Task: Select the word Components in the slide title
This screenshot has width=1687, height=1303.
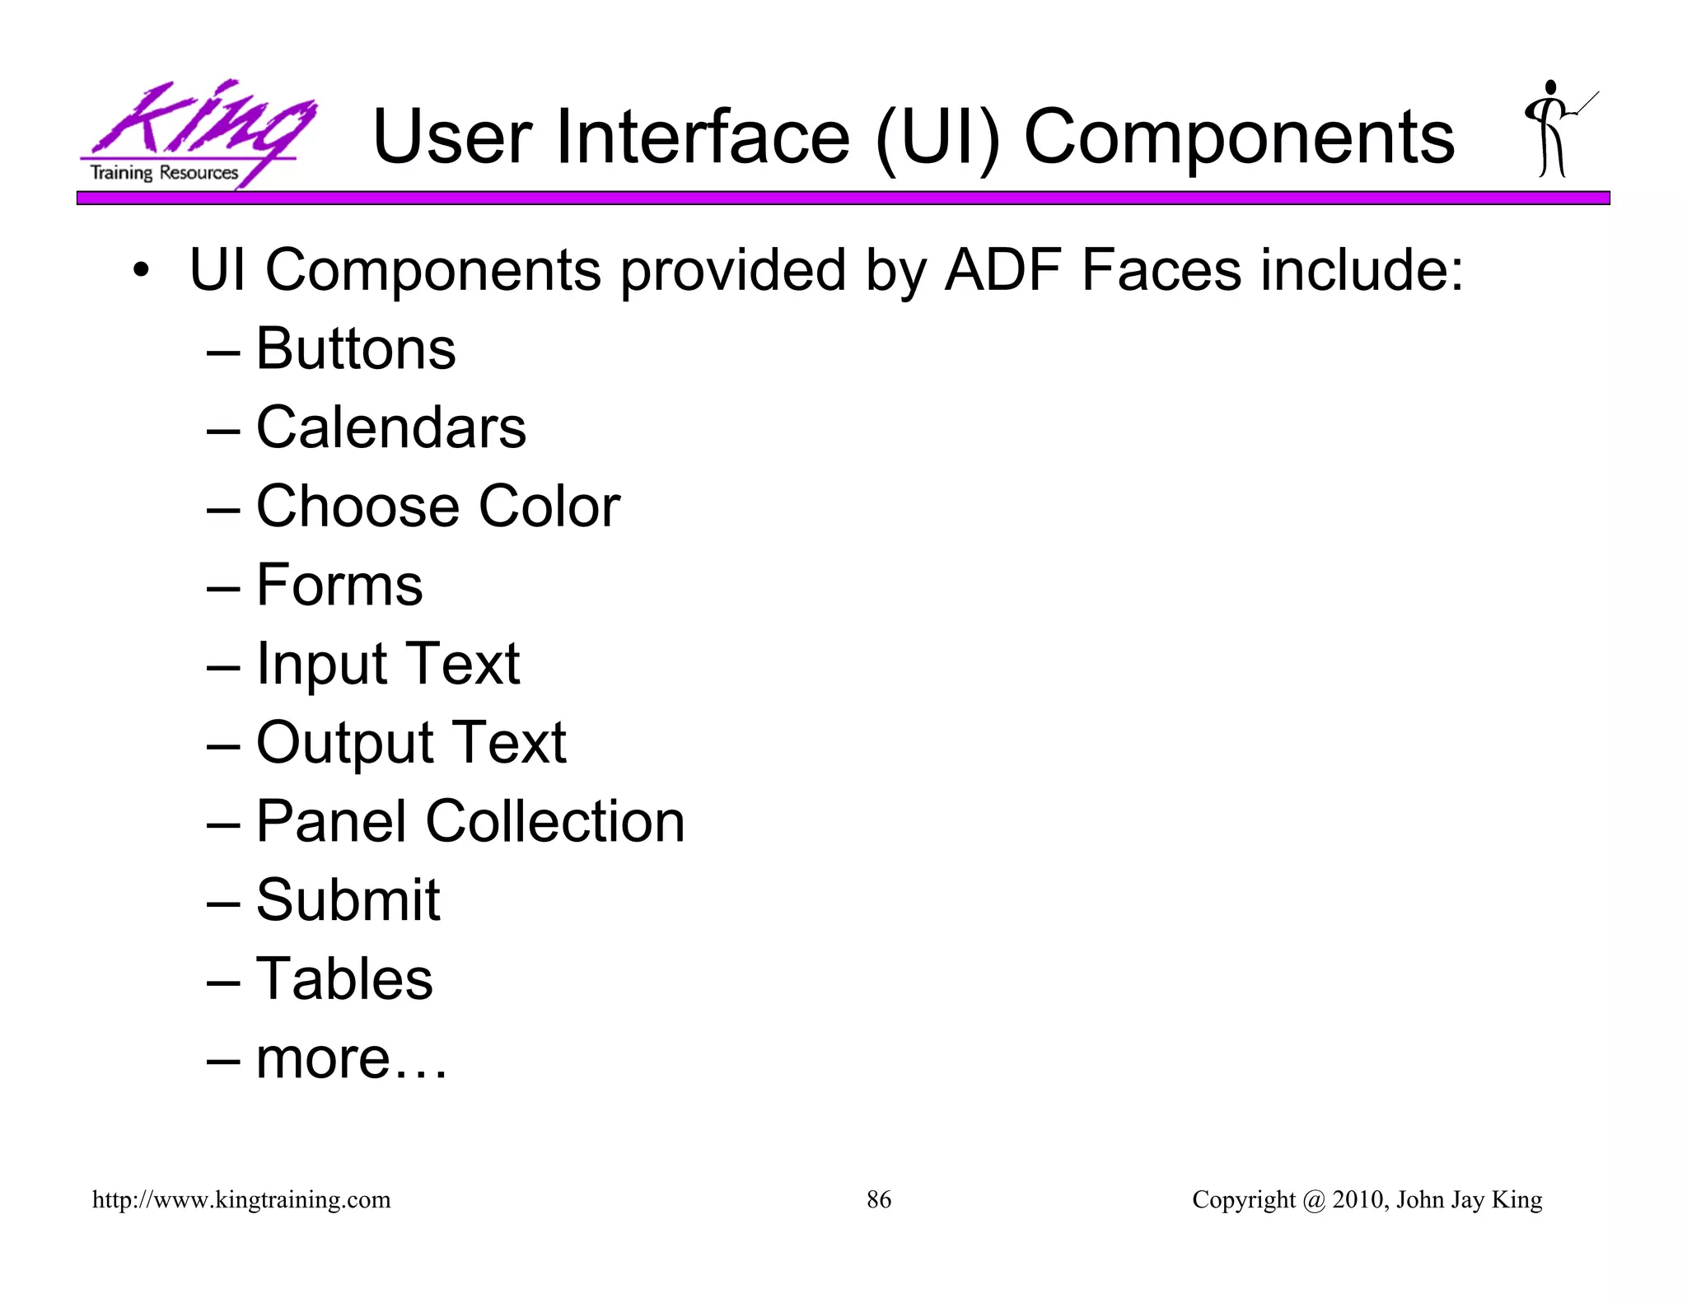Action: tap(1239, 137)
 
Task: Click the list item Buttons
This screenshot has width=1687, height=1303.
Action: tap(356, 348)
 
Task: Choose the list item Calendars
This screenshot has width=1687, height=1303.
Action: tap(391, 427)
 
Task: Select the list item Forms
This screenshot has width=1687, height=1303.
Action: tap(339, 585)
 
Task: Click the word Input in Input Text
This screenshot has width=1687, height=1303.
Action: tap(321, 664)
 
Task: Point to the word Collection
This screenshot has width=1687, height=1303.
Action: tap(555, 821)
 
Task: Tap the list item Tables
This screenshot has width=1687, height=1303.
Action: tap(344, 978)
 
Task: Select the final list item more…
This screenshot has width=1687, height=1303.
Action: tap(352, 1058)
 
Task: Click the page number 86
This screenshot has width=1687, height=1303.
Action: tap(879, 1199)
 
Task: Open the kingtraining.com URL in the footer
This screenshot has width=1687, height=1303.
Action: tap(241, 1199)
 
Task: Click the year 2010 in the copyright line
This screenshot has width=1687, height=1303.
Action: tap(1358, 1199)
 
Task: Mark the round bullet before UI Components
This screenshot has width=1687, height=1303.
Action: tap(142, 271)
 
